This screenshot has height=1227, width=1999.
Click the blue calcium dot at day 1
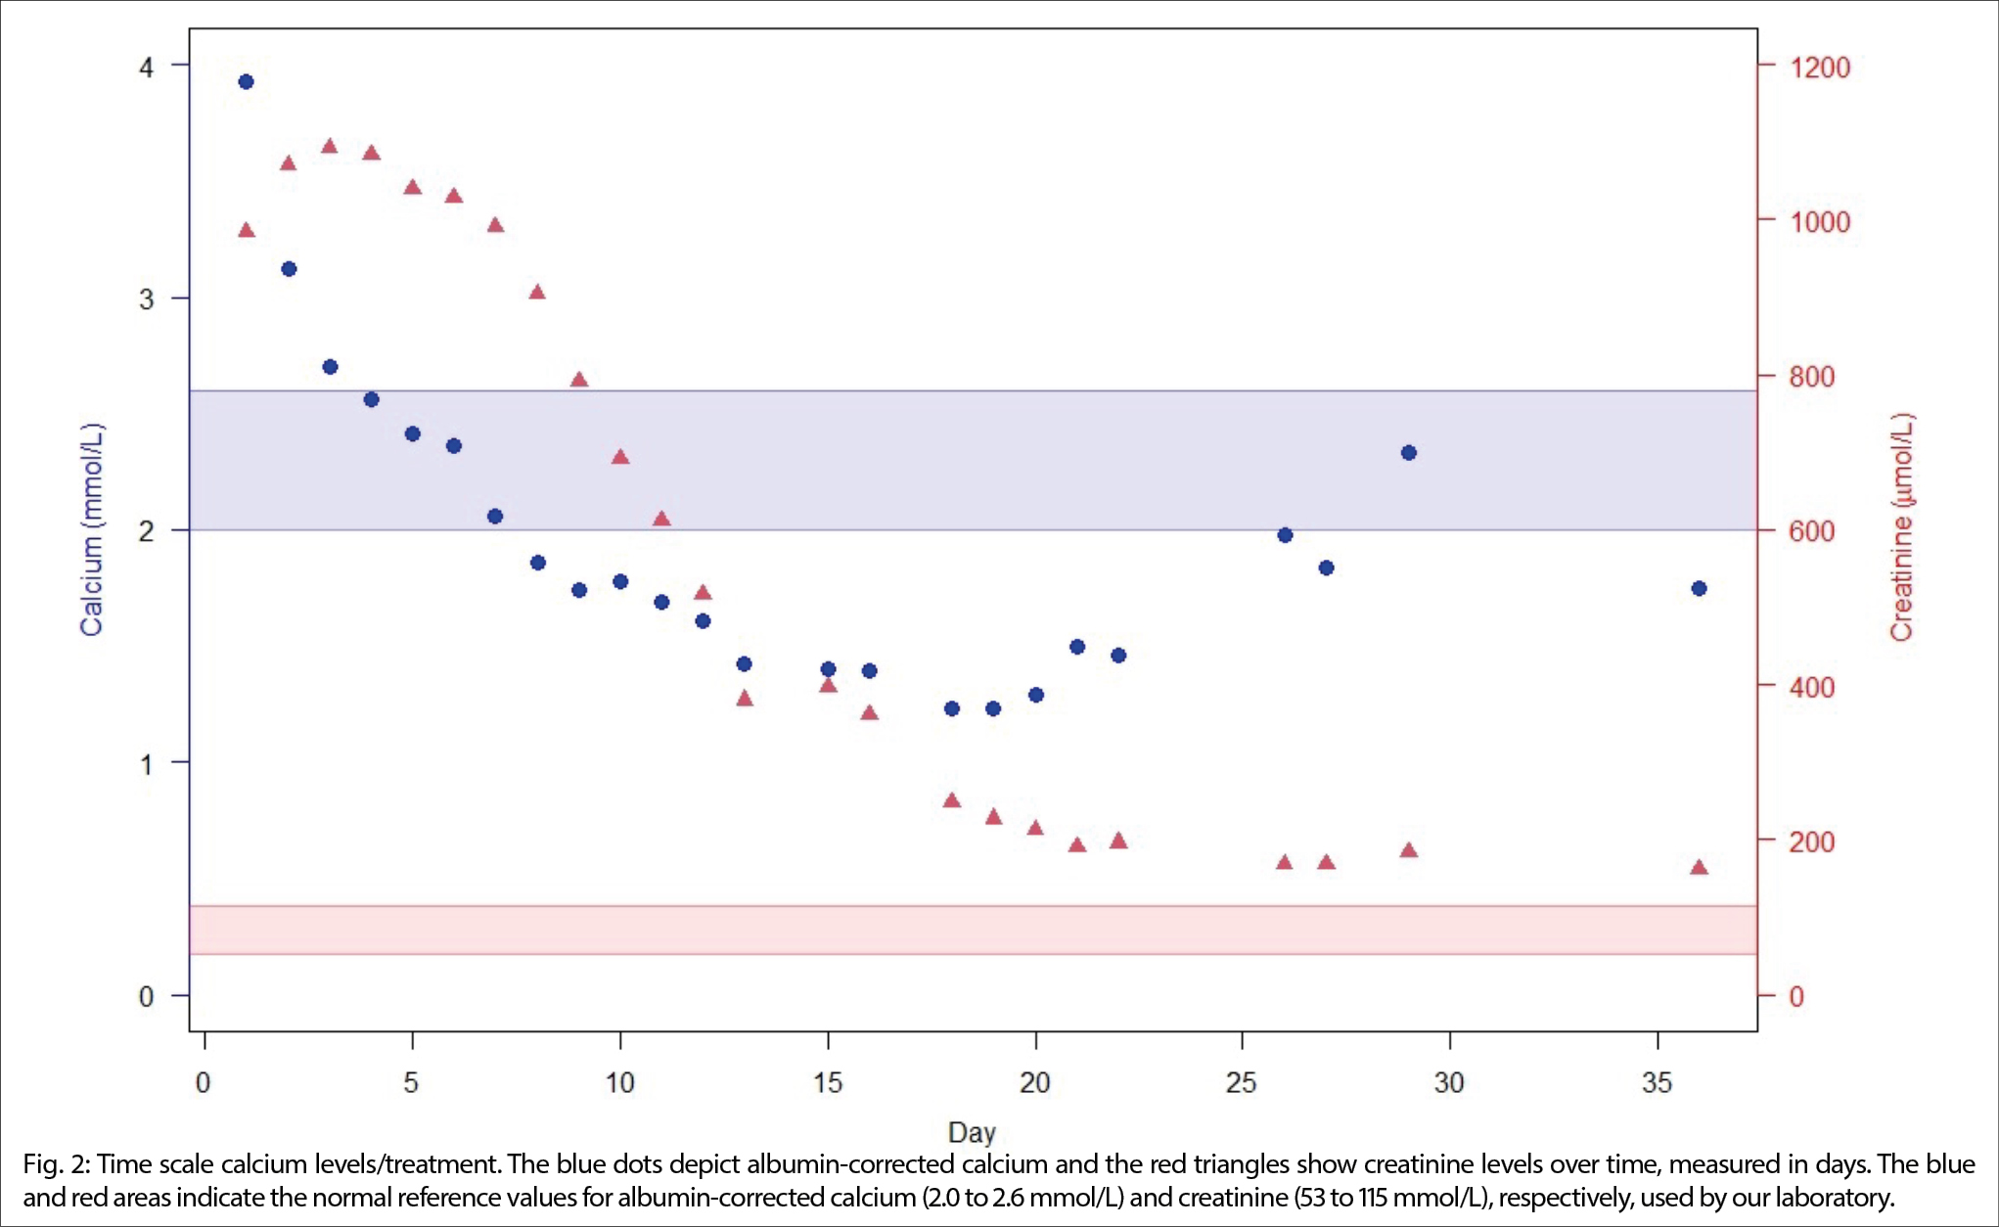click(247, 82)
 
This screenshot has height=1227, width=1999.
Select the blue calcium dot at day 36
click(1699, 588)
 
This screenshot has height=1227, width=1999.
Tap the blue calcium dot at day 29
click(1409, 453)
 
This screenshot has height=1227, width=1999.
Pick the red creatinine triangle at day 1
click(247, 231)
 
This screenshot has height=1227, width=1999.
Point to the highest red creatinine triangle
click(330, 147)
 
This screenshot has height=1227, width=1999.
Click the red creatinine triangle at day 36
click(1699, 868)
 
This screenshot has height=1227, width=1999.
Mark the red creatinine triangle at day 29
click(1409, 850)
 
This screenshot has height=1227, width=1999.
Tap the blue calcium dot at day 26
click(1286, 535)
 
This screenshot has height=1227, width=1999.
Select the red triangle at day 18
click(952, 800)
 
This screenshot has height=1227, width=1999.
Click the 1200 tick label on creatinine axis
click(1820, 68)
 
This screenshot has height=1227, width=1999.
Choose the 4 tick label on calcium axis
click(147, 68)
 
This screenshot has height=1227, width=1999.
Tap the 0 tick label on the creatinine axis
click(1796, 996)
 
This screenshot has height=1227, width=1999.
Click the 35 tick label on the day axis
click(1657, 1082)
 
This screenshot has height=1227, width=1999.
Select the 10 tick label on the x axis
click(619, 1082)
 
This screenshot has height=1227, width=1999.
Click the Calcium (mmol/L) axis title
click(92, 529)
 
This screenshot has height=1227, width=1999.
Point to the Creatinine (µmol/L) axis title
click(1901, 527)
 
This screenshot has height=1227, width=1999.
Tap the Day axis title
click(972, 1132)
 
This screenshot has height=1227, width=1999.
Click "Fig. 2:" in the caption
click(57, 1164)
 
